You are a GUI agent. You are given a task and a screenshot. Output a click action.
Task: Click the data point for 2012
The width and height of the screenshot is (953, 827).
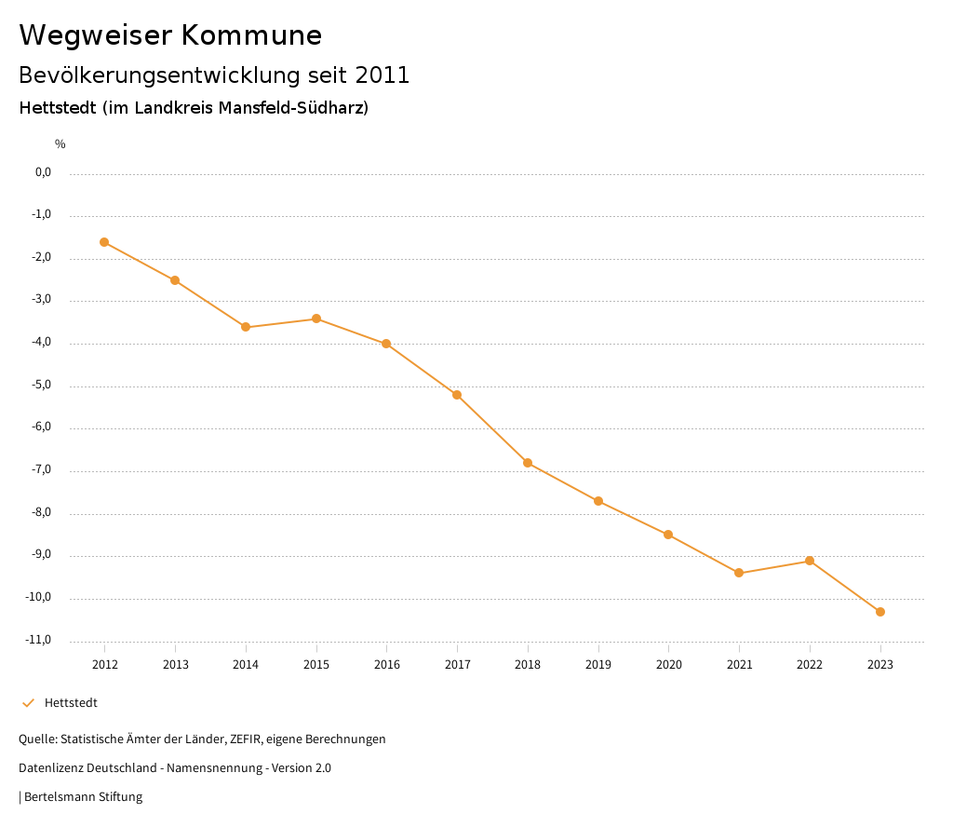tap(104, 242)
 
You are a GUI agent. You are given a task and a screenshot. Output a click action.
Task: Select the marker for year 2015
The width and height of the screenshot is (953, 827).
tap(316, 319)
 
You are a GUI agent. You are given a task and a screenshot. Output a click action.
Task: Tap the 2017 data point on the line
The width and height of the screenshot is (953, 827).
tap(457, 395)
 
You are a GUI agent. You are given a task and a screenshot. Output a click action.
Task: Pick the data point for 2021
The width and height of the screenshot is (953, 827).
tap(739, 573)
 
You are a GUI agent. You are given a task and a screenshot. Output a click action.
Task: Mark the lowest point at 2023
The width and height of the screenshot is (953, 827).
tap(880, 612)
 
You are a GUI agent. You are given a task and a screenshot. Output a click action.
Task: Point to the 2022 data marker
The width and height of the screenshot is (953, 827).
tap(810, 561)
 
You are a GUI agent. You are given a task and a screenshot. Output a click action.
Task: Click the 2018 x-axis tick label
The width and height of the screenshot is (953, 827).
tap(528, 664)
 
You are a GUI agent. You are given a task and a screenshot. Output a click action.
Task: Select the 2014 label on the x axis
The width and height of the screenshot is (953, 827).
tap(246, 664)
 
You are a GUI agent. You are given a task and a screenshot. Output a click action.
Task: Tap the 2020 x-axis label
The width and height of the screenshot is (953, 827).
tap(668, 664)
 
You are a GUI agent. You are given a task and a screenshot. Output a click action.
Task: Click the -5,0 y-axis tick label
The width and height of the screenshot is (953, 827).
tap(42, 385)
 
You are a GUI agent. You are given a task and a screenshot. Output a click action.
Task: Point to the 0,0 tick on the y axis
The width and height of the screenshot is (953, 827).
tap(43, 172)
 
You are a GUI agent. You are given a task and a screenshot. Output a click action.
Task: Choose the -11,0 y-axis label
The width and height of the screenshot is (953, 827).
tap(40, 640)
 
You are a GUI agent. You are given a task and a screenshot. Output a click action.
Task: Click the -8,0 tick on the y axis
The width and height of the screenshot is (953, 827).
tap(42, 512)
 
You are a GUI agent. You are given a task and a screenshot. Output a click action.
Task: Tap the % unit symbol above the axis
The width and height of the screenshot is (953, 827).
tap(60, 144)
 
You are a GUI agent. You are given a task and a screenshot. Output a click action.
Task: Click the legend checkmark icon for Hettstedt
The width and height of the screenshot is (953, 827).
tap(28, 703)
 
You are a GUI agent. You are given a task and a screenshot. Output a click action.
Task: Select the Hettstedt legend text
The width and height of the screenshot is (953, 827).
tap(71, 703)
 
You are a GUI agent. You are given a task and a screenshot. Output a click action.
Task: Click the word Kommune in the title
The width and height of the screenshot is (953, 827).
tap(251, 35)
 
